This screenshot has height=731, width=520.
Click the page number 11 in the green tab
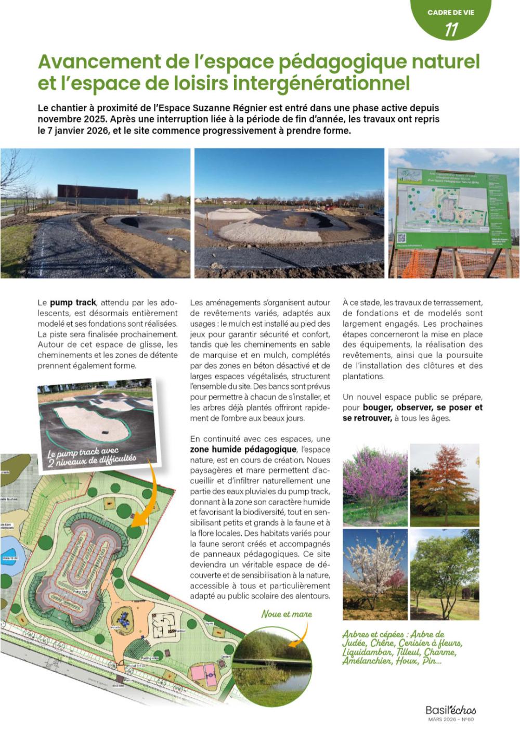pos(451,30)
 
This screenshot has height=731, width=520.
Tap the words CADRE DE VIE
pos(450,11)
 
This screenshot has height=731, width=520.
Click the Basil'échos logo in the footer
pos(450,710)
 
